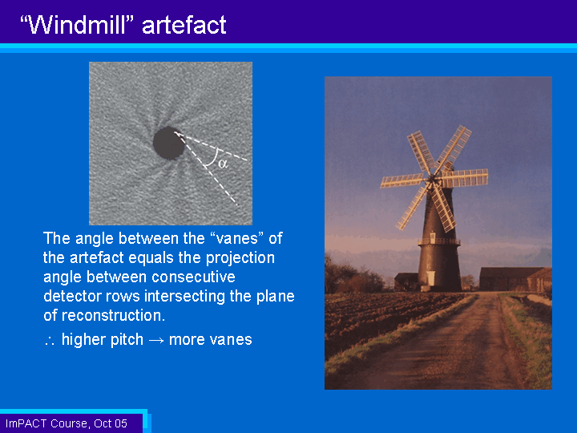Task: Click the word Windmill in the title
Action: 80,25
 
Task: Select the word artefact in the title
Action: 184,25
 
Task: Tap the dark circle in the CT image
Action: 168,143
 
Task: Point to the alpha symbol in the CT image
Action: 223,163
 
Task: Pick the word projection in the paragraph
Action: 240,258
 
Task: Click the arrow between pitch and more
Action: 156,340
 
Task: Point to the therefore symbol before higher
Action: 50,341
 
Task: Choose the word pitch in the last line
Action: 127,340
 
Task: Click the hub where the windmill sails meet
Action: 433,180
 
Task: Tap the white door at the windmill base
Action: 430,278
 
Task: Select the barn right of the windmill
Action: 515,279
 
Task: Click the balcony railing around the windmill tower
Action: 439,242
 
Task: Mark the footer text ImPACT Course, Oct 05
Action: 67,423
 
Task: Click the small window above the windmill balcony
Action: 433,235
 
